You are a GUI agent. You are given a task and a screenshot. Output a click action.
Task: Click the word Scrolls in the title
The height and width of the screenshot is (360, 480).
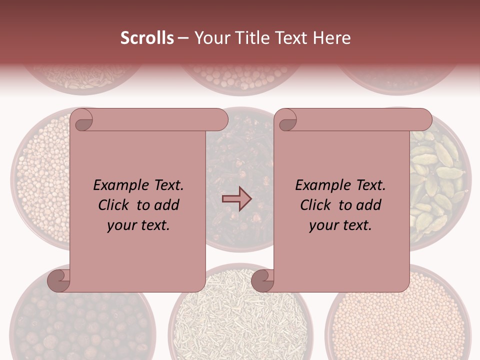pos(147,38)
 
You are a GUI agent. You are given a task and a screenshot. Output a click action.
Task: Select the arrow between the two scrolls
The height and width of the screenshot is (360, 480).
pos(236,199)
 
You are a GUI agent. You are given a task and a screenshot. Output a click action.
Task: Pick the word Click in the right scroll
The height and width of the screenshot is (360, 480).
pos(316,205)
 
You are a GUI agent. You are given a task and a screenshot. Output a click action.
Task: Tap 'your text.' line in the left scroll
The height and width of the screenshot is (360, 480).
pos(138,225)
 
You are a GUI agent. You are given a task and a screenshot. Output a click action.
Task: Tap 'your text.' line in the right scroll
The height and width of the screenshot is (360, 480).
pos(340,225)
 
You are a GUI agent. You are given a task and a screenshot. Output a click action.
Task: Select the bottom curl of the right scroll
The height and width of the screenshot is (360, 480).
pos(262,280)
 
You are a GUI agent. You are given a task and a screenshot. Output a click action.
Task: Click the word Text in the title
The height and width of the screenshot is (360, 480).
pos(291,38)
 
